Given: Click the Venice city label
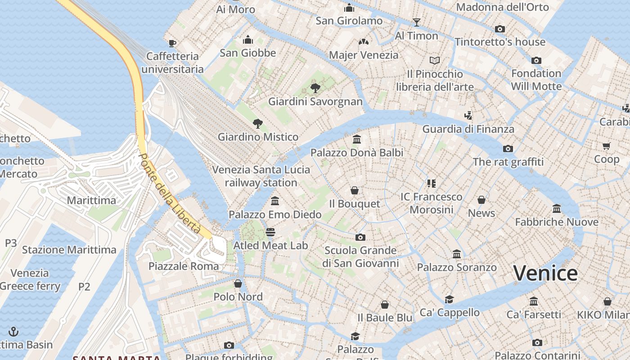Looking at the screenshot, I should click(545, 273).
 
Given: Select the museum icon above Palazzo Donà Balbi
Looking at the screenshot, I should click(357, 139).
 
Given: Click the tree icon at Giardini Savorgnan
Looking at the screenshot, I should click(315, 88).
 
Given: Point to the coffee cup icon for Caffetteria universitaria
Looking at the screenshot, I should click(172, 43).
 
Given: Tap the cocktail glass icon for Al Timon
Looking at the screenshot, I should click(416, 22).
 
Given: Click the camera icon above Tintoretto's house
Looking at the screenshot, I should click(499, 29).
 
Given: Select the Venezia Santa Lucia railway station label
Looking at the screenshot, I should click(261, 176).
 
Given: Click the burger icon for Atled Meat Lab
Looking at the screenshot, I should click(270, 232).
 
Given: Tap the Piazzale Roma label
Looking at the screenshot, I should click(184, 266).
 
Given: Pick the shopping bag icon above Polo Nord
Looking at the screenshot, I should click(238, 283).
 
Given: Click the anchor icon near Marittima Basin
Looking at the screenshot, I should click(14, 332).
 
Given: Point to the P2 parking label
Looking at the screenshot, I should click(84, 287).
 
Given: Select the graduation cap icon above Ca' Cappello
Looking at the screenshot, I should click(449, 299).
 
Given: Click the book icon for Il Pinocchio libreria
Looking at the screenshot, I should click(434, 60).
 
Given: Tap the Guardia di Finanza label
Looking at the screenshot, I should click(468, 129).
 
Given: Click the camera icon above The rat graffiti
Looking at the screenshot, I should click(508, 148).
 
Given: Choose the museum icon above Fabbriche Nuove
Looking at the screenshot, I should click(557, 209).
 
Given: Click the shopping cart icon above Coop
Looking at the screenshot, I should click(606, 146).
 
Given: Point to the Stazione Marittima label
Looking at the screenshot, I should click(69, 250).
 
